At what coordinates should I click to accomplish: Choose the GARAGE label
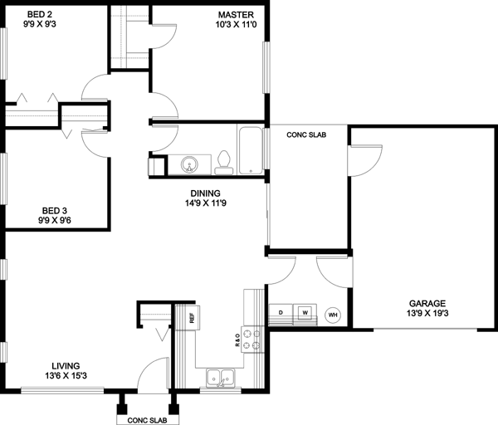tap(427, 303)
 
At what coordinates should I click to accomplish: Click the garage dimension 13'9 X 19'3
tap(427, 314)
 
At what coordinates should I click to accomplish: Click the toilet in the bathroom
tap(223, 163)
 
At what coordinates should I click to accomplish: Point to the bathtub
tap(250, 150)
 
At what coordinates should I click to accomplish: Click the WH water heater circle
tap(333, 315)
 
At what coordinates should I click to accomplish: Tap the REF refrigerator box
tap(191, 317)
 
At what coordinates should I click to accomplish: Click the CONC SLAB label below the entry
tap(148, 420)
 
